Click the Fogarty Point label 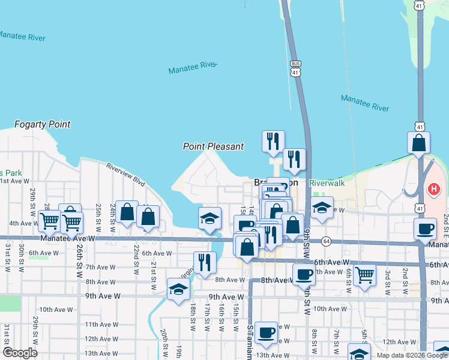42,125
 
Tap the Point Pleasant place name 214,146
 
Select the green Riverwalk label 327,183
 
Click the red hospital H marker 434,190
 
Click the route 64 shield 326,241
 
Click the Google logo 20,353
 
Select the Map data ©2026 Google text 412,355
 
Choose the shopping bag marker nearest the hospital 418,143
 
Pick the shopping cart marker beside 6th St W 364,275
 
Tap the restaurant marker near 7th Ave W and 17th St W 205,262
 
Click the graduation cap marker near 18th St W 178,289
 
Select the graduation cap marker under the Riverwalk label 322,208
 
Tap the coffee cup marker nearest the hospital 426,229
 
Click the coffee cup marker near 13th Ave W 266,332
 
